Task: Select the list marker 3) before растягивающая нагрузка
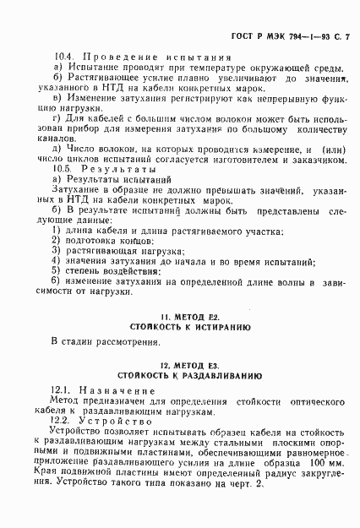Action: tap(56, 250)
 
